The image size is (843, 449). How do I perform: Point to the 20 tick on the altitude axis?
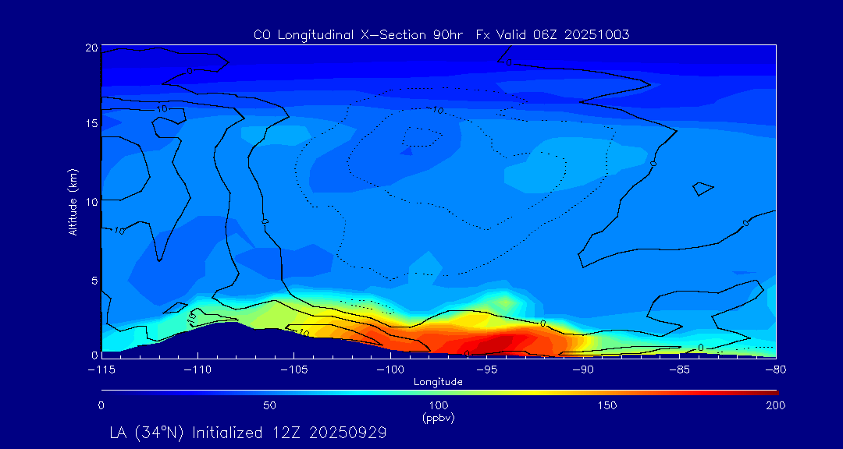tap(91, 48)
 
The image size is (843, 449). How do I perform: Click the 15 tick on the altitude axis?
tap(91, 124)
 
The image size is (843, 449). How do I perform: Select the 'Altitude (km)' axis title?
tap(73, 202)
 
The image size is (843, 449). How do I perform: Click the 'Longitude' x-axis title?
tap(438, 382)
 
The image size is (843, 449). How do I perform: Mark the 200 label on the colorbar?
tap(775, 405)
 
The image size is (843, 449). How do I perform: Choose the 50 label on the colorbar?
tap(269, 405)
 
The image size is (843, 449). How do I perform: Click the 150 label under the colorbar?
tap(606, 405)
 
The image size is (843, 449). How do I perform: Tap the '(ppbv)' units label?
tap(438, 418)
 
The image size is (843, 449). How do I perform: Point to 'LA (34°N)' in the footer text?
tap(148, 431)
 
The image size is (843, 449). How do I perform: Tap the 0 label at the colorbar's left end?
tap(101, 405)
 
